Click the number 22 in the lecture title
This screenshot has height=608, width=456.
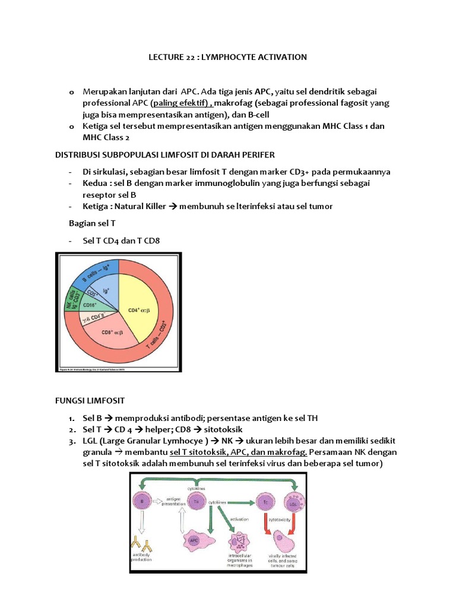(186, 57)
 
